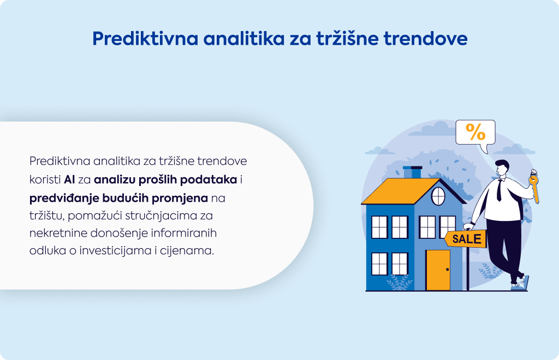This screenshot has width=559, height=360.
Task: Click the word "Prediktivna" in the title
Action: click(145, 39)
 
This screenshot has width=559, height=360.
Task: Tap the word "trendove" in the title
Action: click(425, 39)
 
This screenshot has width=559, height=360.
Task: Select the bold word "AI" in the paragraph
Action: click(69, 179)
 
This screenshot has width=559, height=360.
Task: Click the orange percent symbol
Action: click(475, 132)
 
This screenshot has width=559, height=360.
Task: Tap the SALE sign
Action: click(465, 238)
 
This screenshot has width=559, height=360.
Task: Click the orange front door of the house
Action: click(438, 270)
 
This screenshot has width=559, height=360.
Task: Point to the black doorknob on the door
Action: click(448, 269)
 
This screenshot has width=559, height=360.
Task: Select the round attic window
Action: click(438, 196)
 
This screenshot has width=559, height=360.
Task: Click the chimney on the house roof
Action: click(413, 172)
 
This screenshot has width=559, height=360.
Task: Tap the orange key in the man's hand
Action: click(534, 187)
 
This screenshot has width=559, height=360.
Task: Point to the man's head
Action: click(502, 167)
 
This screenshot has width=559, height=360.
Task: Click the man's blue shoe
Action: click(520, 284)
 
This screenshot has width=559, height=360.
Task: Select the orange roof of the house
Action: click(401, 191)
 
